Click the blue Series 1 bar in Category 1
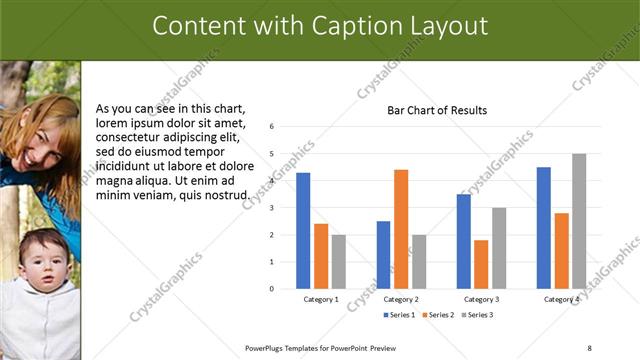[x=303, y=230]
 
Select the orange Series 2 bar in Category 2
[x=401, y=229]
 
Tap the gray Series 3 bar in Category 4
[x=579, y=221]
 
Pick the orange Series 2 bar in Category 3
[x=481, y=264]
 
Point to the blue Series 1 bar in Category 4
[x=543, y=227]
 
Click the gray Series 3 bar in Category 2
[x=419, y=261]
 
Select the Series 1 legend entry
[x=400, y=315]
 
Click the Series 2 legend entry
[x=438, y=315]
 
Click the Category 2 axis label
[x=401, y=299]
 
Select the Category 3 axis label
[x=481, y=299]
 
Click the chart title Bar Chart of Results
[x=437, y=110]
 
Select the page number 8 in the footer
[x=589, y=348]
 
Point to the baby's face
[x=40, y=261]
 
